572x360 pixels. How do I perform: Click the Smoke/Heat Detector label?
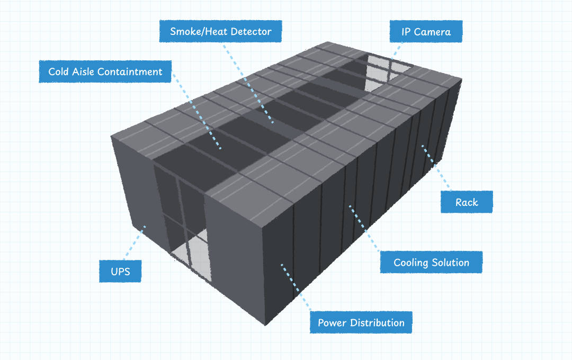220,32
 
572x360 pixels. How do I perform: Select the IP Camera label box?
426,32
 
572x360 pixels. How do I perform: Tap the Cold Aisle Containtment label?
105,71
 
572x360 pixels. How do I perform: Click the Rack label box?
467,202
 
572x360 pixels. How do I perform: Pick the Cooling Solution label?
431,263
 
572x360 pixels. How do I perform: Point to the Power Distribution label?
361,322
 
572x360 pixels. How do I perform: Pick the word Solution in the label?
450,263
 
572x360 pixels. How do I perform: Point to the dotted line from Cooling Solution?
365,228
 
